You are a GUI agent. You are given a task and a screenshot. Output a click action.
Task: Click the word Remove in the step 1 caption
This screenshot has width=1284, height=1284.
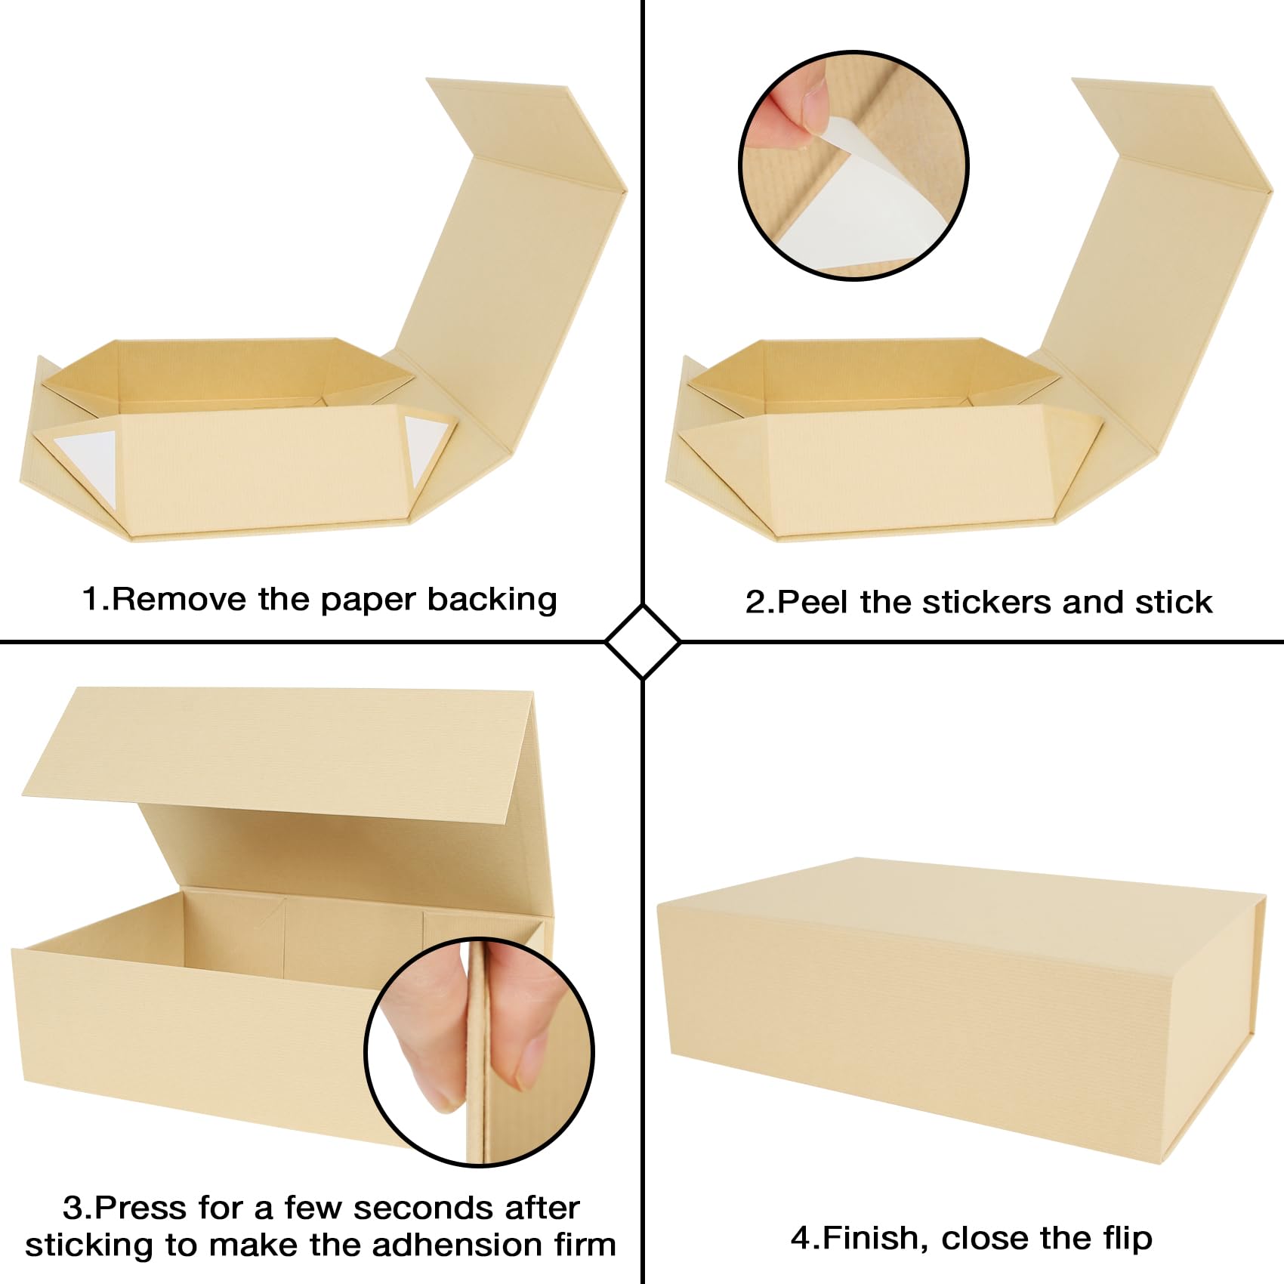[x=178, y=599]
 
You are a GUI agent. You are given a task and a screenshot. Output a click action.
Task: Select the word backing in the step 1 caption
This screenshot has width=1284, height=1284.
[x=492, y=600]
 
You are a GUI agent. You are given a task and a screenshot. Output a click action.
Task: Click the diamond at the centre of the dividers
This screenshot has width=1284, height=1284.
[x=643, y=642]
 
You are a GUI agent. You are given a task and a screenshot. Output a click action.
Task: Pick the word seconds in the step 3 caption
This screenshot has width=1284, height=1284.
[x=425, y=1208]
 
